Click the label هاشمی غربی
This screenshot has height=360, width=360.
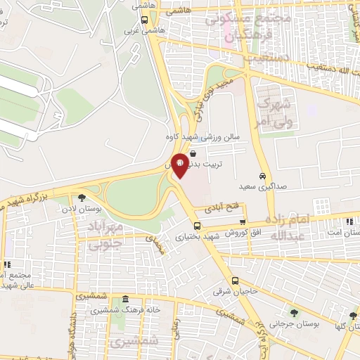[x=135, y=31]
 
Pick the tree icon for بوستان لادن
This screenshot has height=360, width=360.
[x=82, y=198]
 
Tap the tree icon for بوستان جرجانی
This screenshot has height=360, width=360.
[x=293, y=313]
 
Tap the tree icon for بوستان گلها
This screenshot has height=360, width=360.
[x=352, y=315]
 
